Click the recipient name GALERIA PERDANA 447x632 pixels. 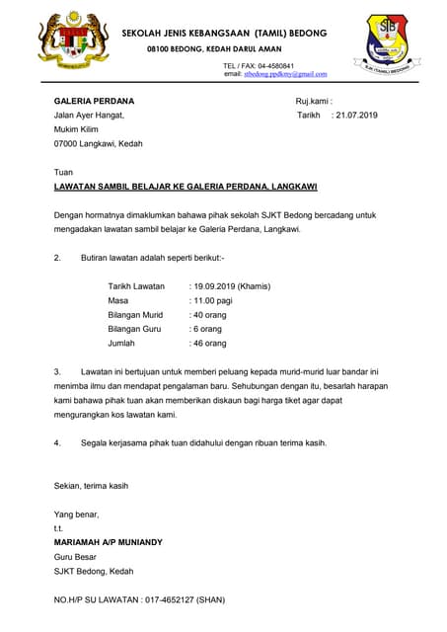tap(95, 101)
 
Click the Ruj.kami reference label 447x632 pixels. tap(314, 101)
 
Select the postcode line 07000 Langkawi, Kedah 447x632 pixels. tap(98, 143)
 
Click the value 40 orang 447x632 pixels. tap(210, 315)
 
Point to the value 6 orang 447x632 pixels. tap(208, 329)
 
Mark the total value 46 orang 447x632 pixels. tap(210, 343)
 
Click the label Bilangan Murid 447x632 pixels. tap(134, 315)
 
